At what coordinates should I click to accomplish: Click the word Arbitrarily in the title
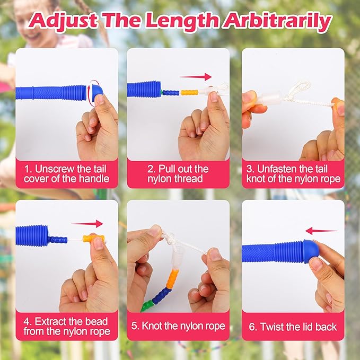point(277,21)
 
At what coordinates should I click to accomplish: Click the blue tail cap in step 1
point(97,93)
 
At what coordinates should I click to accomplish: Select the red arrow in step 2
point(196,77)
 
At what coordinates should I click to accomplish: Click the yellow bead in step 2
point(189,93)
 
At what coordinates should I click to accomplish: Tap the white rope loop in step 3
point(298,91)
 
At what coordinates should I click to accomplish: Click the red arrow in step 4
point(87,224)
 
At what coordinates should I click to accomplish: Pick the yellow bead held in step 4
point(93,239)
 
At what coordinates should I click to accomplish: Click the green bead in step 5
point(146,305)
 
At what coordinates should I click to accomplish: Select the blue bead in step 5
point(162,295)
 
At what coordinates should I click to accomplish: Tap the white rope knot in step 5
point(168,238)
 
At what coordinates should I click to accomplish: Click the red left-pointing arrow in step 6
point(321,231)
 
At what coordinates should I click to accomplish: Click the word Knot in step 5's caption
point(152,326)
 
